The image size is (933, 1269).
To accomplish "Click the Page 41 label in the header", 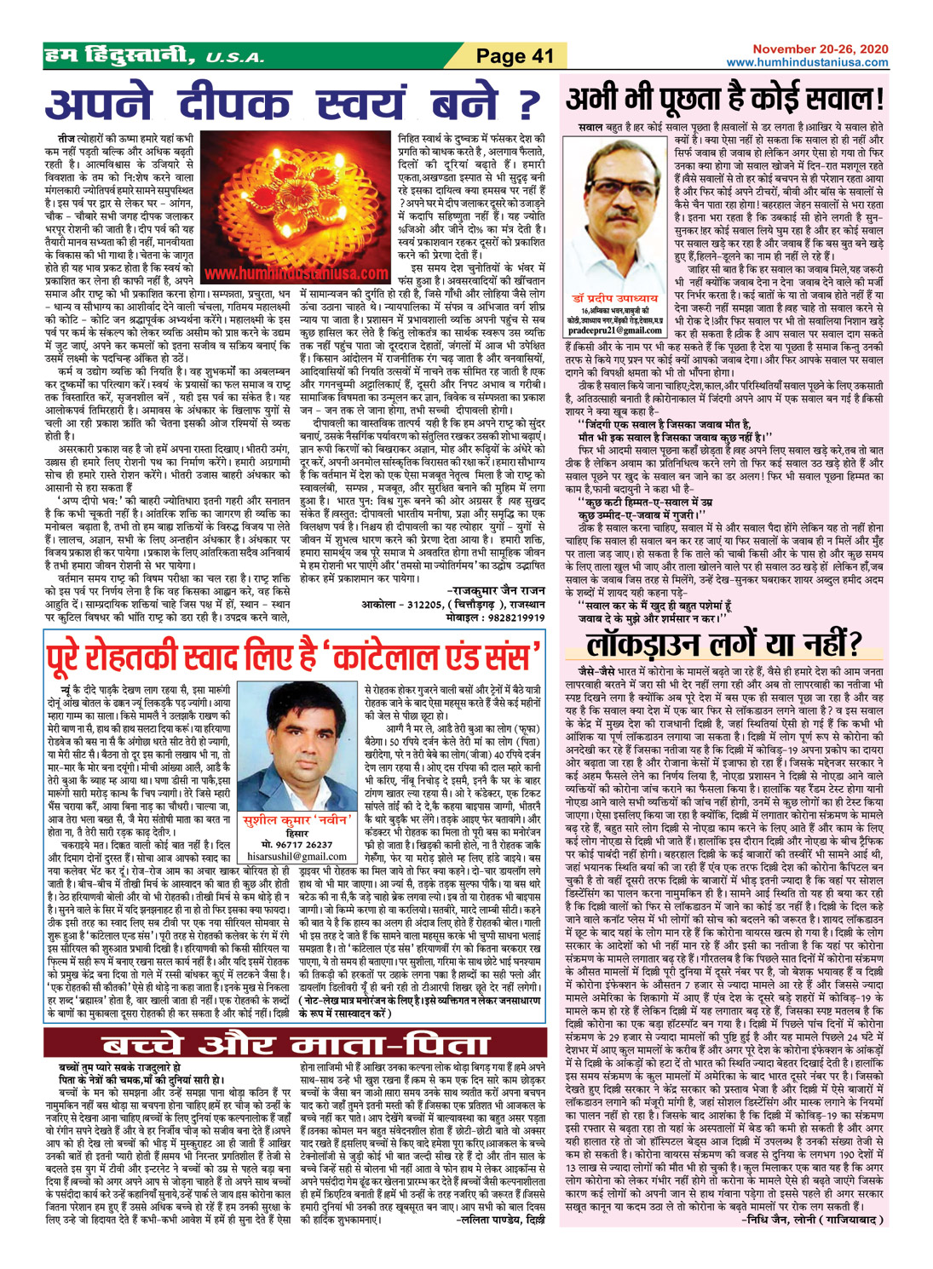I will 515,57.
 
